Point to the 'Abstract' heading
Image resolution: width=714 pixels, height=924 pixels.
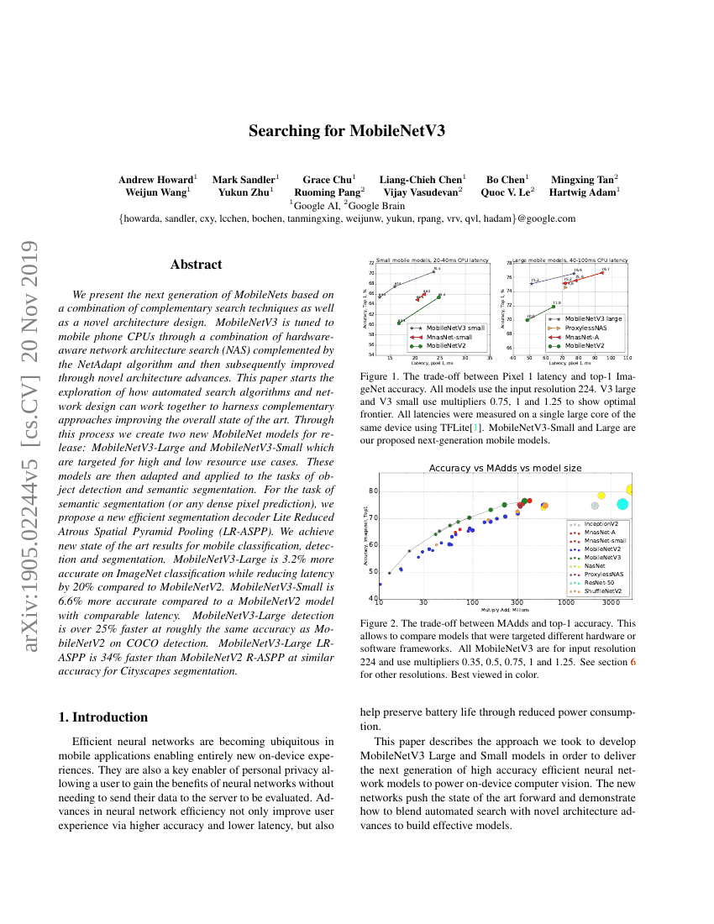pyautogui.click(x=196, y=265)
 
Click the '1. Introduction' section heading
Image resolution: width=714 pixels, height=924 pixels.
pyautogui.click(x=103, y=717)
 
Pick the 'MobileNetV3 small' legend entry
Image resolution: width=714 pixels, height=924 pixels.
pyautogui.click(x=454, y=327)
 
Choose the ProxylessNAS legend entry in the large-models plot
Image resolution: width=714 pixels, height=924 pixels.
pyautogui.click(x=585, y=328)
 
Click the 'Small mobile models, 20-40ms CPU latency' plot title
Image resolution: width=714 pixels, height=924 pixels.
pyautogui.click(x=433, y=260)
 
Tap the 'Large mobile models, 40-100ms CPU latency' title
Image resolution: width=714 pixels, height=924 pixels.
pyautogui.click(x=570, y=260)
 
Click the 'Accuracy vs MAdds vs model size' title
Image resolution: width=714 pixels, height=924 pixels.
pyautogui.click(x=505, y=468)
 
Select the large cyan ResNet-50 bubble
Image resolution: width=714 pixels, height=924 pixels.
pyautogui.click(x=622, y=504)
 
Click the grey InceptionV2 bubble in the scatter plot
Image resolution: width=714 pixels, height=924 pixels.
pyautogui.click(x=595, y=506)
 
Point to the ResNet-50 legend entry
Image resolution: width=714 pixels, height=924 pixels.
pyautogui.click(x=597, y=580)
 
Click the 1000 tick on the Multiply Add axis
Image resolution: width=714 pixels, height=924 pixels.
pyautogui.click(x=566, y=602)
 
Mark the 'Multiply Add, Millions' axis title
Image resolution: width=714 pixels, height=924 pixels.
pyautogui.click(x=505, y=610)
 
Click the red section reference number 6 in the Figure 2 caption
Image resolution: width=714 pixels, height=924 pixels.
pyautogui.click(x=633, y=662)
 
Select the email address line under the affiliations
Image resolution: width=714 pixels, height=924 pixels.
pyautogui.click(x=347, y=218)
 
